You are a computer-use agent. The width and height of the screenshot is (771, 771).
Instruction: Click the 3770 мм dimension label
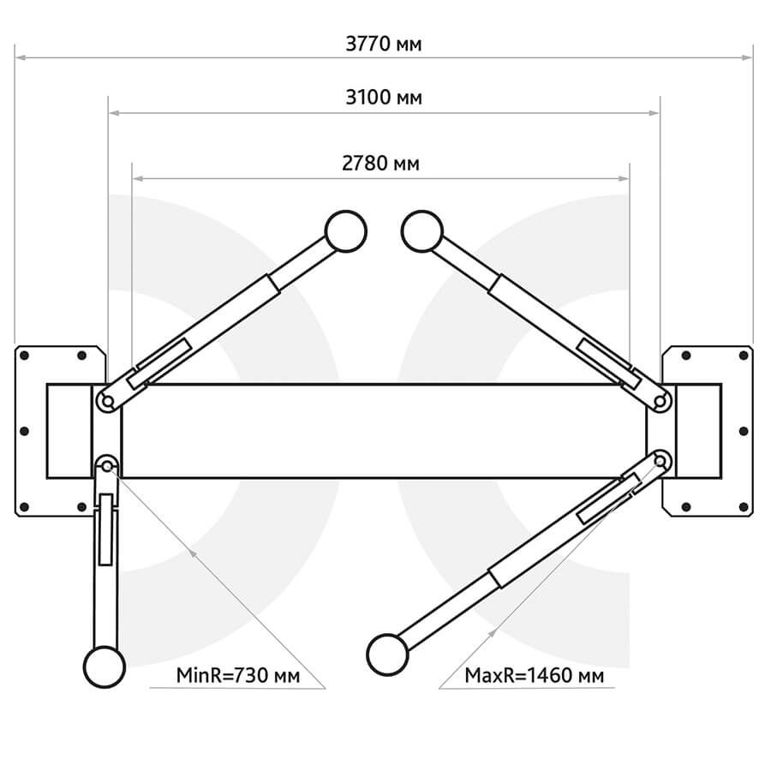[384, 45]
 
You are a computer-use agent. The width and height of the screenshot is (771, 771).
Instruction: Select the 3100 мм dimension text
[384, 98]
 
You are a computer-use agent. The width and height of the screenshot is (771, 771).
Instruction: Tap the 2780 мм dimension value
[380, 164]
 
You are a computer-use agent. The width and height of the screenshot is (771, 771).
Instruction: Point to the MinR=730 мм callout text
[238, 675]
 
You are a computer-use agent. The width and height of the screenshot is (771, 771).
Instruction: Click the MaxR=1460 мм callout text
[535, 675]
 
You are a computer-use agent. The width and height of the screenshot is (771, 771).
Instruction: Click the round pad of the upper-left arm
[346, 231]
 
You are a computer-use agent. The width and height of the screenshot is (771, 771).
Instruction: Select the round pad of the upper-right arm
[422, 231]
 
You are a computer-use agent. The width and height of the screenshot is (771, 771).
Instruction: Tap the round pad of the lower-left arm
[105, 666]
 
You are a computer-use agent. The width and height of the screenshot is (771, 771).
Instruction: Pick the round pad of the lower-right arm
[387, 654]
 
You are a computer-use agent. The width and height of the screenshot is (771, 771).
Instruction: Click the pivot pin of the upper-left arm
[108, 402]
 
